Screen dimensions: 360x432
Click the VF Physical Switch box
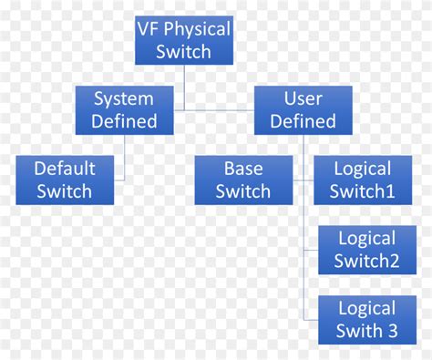(183, 41)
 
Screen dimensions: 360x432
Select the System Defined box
(125, 109)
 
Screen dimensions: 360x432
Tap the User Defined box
(303, 109)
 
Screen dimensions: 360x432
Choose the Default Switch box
(64, 180)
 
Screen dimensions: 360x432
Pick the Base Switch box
(243, 180)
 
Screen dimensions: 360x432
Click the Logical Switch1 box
(363, 180)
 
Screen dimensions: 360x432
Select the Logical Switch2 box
(366, 250)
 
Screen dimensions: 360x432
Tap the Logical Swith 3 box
(366, 319)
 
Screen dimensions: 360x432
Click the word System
(125, 98)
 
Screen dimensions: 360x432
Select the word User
(303, 98)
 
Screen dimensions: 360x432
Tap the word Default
(64, 169)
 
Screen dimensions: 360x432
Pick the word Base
(243, 169)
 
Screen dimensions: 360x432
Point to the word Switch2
(367, 261)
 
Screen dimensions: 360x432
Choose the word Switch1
(364, 191)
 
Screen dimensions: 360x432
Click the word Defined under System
(125, 120)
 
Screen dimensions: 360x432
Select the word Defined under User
(303, 120)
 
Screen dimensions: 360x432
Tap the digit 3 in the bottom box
(392, 330)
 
